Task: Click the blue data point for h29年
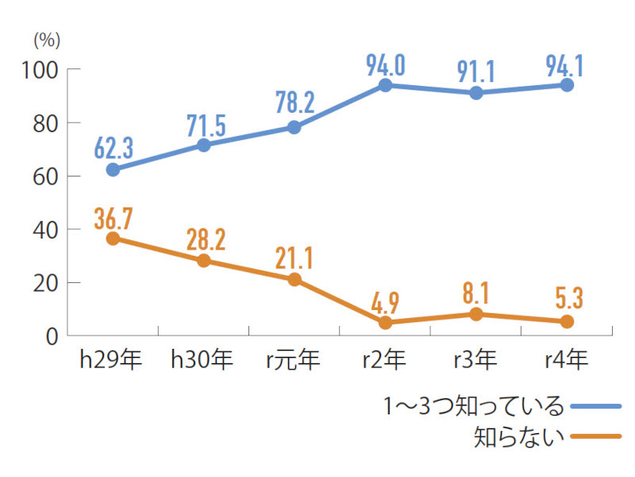click(x=113, y=169)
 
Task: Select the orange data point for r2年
click(x=385, y=323)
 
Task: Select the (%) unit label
click(x=47, y=40)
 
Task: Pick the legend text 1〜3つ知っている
click(x=474, y=407)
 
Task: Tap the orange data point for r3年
click(x=476, y=314)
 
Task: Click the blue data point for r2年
click(x=385, y=85)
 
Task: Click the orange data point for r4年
click(x=567, y=321)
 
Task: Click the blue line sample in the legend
click(x=595, y=406)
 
